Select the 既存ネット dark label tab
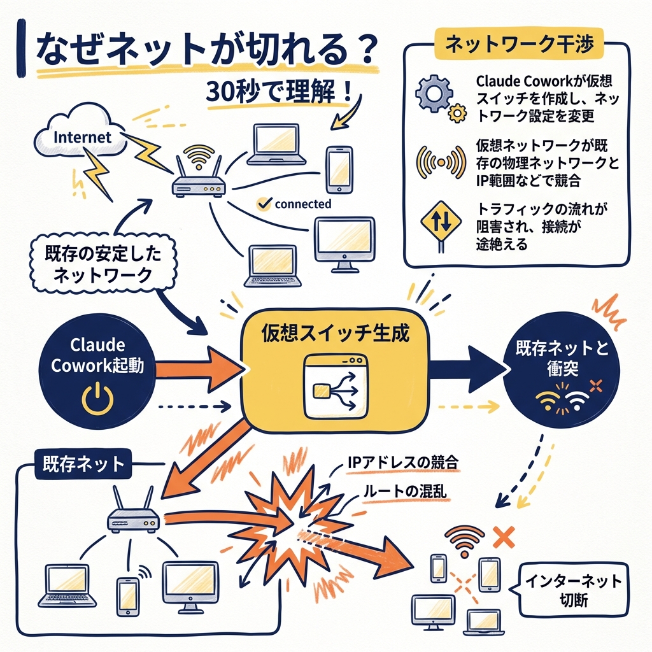click(x=83, y=464)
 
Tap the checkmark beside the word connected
click(x=262, y=204)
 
